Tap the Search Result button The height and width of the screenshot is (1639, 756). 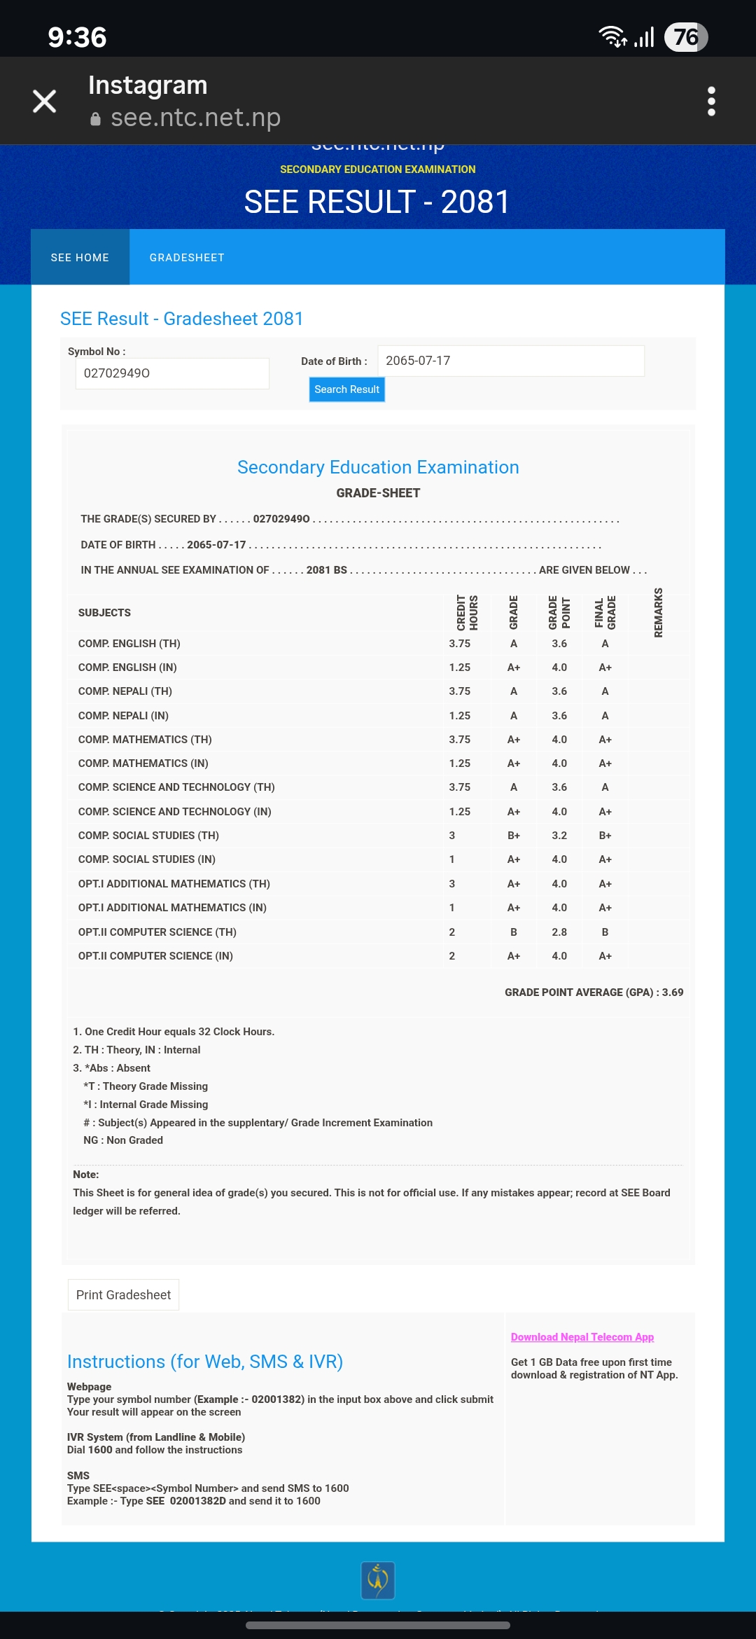point(346,389)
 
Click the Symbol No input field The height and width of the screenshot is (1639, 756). point(172,373)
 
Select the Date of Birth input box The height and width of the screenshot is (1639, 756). point(510,361)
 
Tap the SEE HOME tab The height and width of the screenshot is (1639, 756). point(80,258)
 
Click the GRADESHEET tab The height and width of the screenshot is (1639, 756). point(187,258)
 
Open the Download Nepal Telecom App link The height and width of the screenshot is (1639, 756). point(582,1337)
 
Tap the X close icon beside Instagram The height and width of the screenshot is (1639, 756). point(45,102)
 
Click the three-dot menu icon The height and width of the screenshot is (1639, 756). point(711,102)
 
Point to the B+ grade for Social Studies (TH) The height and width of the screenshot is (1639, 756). point(514,836)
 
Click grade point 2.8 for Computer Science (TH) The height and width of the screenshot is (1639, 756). point(559,932)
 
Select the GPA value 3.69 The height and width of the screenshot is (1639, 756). point(673,993)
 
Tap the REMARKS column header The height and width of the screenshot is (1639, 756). point(658,613)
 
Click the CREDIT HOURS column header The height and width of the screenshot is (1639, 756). point(467,613)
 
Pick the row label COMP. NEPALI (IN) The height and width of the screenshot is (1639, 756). point(123,716)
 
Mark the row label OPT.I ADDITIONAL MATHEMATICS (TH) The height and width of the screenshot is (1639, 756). point(174,884)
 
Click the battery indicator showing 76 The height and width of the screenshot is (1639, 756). point(686,37)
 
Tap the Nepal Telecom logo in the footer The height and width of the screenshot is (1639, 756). point(378,1580)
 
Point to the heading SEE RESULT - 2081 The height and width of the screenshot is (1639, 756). point(377,202)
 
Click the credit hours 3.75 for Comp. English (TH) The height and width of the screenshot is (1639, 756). point(460,644)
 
